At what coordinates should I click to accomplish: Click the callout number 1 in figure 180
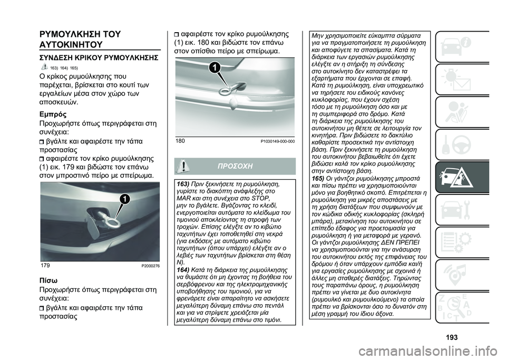pyautogui.click(x=214, y=66)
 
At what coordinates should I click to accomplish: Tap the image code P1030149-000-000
pyautogui.click(x=277, y=141)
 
